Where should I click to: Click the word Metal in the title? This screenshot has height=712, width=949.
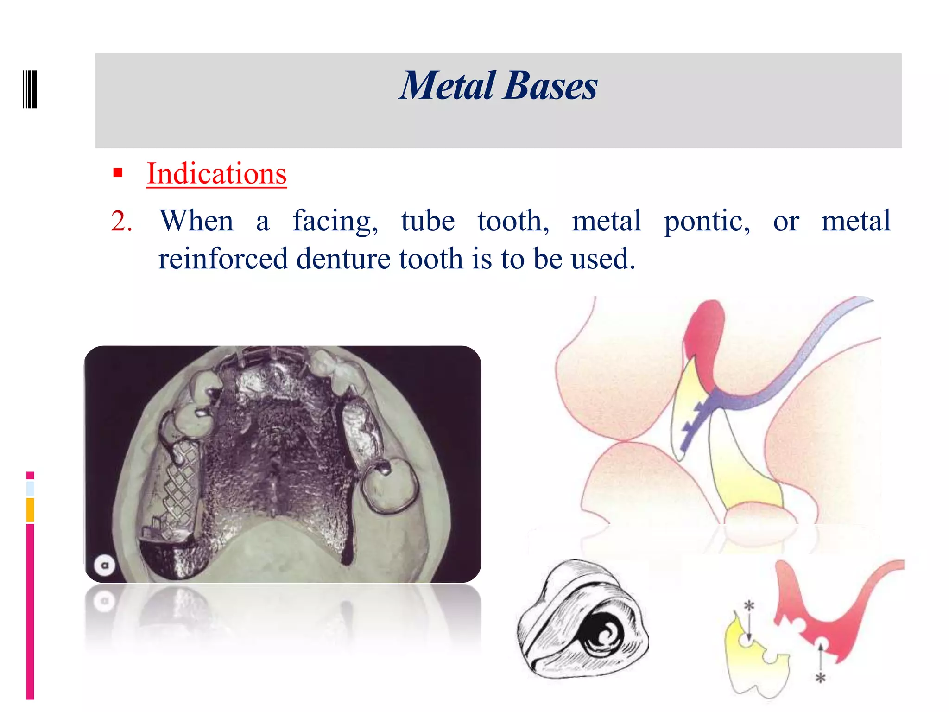pyautogui.click(x=448, y=86)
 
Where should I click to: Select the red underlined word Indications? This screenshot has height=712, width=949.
pyautogui.click(x=216, y=174)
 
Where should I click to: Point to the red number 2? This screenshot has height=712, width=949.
pyautogui.click(x=121, y=221)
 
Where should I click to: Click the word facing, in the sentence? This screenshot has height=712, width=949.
pyautogui.click(x=335, y=221)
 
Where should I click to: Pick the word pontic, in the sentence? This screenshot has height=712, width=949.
pyautogui.click(x=707, y=221)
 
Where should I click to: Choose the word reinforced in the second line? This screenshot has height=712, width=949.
pyautogui.click(x=222, y=259)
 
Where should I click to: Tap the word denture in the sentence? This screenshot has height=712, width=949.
pyautogui.click(x=343, y=259)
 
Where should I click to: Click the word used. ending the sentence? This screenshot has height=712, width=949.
pyautogui.click(x=602, y=259)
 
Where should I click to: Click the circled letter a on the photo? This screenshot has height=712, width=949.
pyautogui.click(x=105, y=565)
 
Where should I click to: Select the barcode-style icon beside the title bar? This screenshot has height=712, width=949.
pyautogui.click(x=30, y=89)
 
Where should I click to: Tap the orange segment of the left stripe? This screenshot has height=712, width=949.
pyautogui.click(x=30, y=510)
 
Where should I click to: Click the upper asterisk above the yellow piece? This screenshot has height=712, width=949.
pyautogui.click(x=749, y=605)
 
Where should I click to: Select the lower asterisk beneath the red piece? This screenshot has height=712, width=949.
pyautogui.click(x=821, y=678)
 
